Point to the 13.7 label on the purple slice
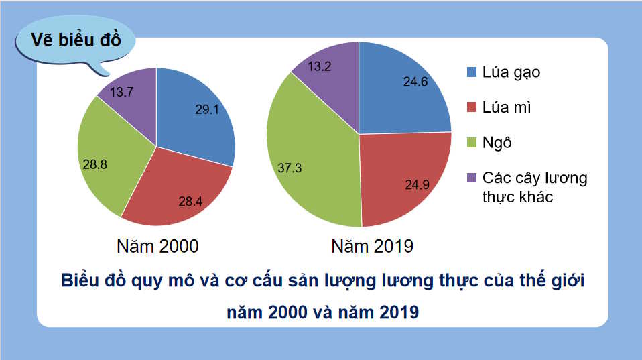[123, 92]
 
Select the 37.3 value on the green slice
[290, 168]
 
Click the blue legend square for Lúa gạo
[472, 72]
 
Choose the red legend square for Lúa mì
[472, 107]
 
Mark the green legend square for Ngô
[472, 143]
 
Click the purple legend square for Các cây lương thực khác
[472, 178]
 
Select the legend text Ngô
[497, 143]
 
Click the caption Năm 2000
[157, 246]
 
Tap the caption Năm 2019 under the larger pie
[373, 246]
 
